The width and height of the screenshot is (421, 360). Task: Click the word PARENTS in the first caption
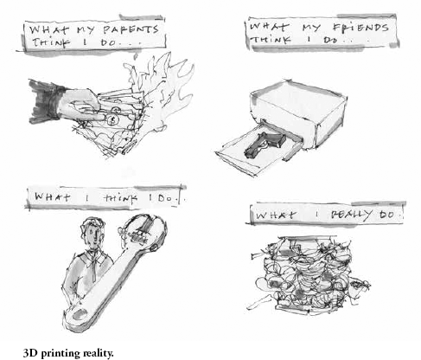click(131, 29)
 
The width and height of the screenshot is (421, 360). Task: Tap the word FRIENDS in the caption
click(360, 27)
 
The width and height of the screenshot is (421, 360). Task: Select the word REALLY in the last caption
click(351, 215)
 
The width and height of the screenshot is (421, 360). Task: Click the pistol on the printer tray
click(265, 144)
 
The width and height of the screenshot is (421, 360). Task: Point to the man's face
click(92, 235)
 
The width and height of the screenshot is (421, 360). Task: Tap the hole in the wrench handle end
click(80, 314)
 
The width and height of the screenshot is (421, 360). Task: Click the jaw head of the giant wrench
click(144, 233)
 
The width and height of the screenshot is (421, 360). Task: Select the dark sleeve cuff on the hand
click(46, 101)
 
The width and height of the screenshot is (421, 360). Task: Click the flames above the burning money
click(162, 87)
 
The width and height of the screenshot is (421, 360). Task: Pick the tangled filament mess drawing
click(309, 274)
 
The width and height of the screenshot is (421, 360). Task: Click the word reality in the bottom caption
click(98, 353)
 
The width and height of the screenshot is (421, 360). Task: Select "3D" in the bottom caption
click(31, 353)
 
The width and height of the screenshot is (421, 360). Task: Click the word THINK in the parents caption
click(51, 42)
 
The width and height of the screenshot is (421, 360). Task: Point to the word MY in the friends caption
click(311, 28)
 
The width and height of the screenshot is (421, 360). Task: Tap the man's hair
click(92, 222)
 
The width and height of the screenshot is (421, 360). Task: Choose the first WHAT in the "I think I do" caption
click(52, 197)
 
